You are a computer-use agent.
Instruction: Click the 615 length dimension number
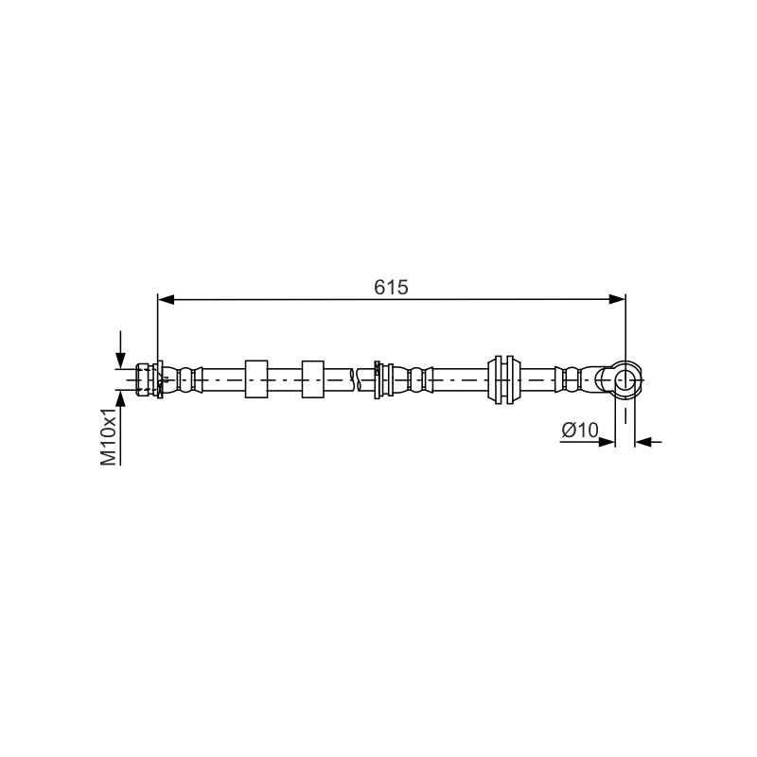click(391, 288)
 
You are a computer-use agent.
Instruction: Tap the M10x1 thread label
click(109, 436)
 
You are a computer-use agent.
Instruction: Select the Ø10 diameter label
click(580, 430)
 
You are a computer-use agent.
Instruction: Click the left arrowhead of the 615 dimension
click(167, 300)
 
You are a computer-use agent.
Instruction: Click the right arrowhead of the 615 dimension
click(617, 300)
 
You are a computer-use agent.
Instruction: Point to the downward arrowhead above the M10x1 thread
click(121, 361)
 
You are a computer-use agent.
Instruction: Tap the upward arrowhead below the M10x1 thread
click(121, 398)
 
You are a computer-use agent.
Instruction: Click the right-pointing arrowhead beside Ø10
click(607, 441)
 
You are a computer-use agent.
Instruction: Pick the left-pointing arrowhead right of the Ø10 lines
click(643, 441)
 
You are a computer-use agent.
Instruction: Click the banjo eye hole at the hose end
click(625, 379)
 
